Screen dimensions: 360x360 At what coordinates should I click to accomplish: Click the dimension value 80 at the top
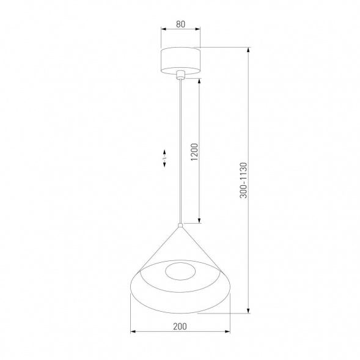click(180, 25)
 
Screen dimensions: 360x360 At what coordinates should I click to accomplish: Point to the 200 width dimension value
click(180, 326)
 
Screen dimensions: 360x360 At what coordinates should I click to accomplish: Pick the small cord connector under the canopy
click(180, 76)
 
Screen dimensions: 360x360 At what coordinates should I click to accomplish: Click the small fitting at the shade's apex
click(180, 226)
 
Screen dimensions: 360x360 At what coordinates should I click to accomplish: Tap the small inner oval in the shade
click(181, 273)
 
